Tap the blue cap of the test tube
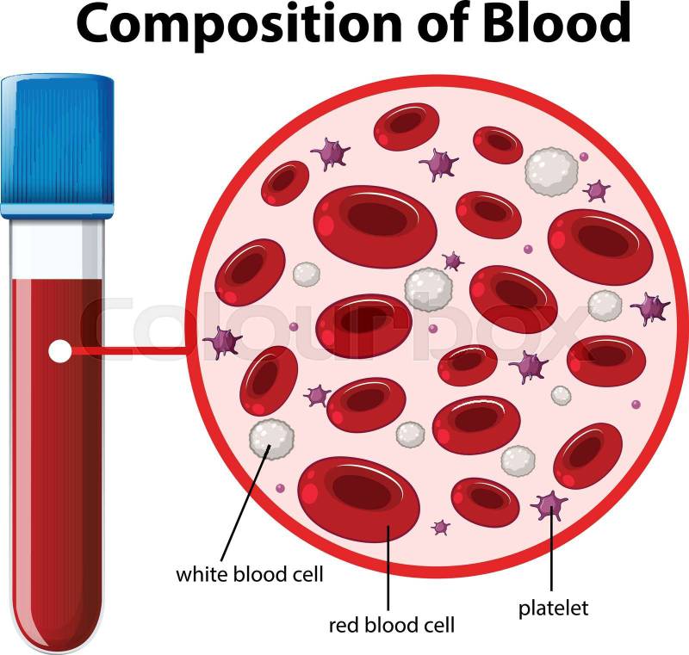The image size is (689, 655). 58,145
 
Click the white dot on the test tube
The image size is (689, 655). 59,351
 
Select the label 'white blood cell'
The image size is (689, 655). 250,574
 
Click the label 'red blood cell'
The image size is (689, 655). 392,625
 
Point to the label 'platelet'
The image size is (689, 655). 553,609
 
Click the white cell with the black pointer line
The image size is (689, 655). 271,439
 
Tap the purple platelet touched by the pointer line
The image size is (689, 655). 549,505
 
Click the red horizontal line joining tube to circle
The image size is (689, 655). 130,350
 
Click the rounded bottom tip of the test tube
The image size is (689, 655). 56,649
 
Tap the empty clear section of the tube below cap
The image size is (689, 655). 57,248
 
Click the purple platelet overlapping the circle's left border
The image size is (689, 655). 223,343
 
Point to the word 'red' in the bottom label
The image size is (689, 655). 344,625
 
